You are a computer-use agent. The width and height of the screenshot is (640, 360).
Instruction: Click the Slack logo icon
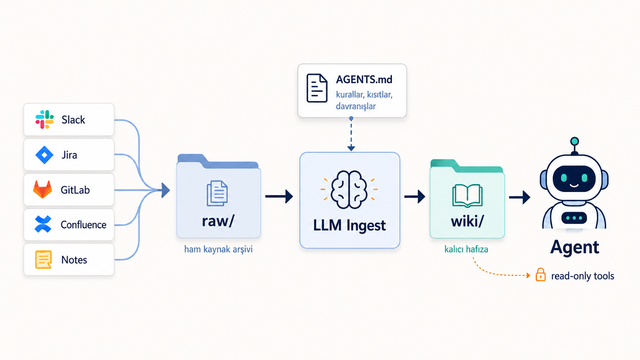[44, 119]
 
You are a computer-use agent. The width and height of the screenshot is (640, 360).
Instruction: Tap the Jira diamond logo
[44, 155]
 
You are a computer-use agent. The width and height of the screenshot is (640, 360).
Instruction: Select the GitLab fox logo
[42, 189]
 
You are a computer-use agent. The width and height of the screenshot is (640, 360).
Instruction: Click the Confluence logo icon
[43, 224]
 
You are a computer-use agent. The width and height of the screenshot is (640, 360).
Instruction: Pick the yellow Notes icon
[43, 259]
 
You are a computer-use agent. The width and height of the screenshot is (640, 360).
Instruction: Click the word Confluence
[83, 225]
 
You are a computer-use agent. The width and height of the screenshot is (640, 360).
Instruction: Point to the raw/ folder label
[218, 221]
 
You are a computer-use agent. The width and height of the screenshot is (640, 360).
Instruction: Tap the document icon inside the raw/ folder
[217, 193]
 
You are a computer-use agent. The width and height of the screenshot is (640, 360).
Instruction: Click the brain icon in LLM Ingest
[349, 189]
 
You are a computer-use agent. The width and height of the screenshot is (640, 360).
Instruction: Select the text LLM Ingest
[349, 225]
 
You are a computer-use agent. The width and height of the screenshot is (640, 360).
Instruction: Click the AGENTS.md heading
[364, 79]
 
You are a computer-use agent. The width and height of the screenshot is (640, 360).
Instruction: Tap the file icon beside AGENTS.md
[317, 88]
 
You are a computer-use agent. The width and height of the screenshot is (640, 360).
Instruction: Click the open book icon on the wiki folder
[467, 195]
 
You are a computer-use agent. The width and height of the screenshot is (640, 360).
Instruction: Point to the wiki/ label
[467, 221]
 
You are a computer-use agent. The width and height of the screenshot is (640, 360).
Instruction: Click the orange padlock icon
[540, 275]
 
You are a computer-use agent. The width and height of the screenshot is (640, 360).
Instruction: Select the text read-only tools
[583, 276]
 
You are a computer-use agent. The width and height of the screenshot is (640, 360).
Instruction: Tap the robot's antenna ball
[575, 141]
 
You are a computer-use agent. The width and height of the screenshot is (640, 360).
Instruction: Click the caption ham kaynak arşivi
[218, 249]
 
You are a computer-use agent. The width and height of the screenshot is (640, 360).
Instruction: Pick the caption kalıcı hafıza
[466, 249]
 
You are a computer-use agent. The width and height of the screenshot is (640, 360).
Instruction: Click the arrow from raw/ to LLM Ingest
[279, 196]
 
